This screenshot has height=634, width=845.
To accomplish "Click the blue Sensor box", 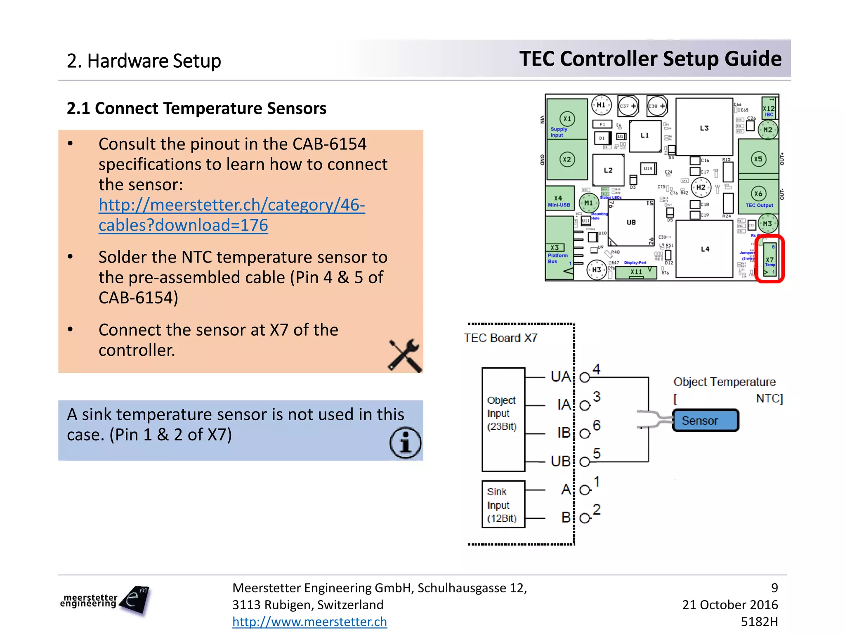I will (x=705, y=420).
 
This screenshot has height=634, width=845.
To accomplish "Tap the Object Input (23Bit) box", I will (x=503, y=419).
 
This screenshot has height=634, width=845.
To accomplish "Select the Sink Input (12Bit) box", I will (x=503, y=504).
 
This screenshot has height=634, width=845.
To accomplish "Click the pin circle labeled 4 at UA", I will (x=584, y=377).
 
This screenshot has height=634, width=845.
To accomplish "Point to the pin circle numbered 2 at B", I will (x=584, y=518).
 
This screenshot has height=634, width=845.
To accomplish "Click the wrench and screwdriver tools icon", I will (x=405, y=355).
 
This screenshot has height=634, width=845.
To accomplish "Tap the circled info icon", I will (x=405, y=443).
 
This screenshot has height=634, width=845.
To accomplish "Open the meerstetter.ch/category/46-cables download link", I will (x=231, y=215).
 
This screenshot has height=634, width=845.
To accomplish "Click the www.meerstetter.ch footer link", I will (x=309, y=622).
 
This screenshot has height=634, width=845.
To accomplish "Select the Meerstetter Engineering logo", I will (x=105, y=601).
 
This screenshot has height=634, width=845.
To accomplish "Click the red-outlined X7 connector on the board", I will (x=769, y=259).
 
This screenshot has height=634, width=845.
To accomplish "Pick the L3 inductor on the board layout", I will (x=704, y=128).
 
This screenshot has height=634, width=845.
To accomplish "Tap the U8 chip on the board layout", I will (x=631, y=222).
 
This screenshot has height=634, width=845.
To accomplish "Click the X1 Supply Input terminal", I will (x=567, y=119).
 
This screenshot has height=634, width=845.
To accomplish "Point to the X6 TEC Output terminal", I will (x=758, y=194).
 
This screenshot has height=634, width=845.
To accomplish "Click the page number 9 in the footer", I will (x=774, y=587).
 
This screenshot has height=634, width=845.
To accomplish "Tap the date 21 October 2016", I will (x=729, y=605).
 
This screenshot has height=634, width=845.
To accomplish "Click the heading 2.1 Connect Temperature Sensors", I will (x=196, y=109).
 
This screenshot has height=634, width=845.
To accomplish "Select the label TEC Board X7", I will (x=500, y=338).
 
